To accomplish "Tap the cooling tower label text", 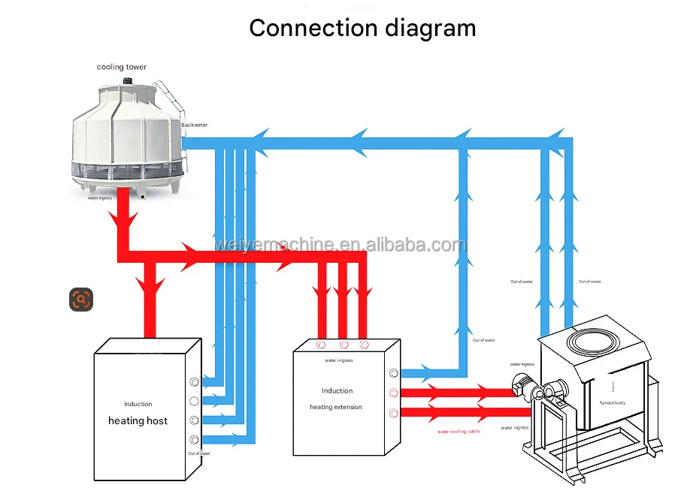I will click(x=122, y=68).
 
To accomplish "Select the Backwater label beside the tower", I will click(x=194, y=125).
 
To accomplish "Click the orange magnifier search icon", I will click(x=81, y=300).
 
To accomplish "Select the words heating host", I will click(x=138, y=420).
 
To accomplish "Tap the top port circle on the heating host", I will click(x=194, y=381).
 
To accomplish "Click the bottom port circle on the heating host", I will click(x=194, y=439).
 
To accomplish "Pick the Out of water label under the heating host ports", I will click(x=199, y=453).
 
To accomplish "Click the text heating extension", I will click(x=336, y=407).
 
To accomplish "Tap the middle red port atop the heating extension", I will click(x=344, y=345).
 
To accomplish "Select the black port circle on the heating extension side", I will click(x=393, y=373).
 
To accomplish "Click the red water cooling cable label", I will click(x=459, y=432).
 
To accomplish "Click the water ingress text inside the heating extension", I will click(x=339, y=360).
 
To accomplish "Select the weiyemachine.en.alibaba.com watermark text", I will click(x=340, y=245).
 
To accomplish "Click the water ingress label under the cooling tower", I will click(x=100, y=198).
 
